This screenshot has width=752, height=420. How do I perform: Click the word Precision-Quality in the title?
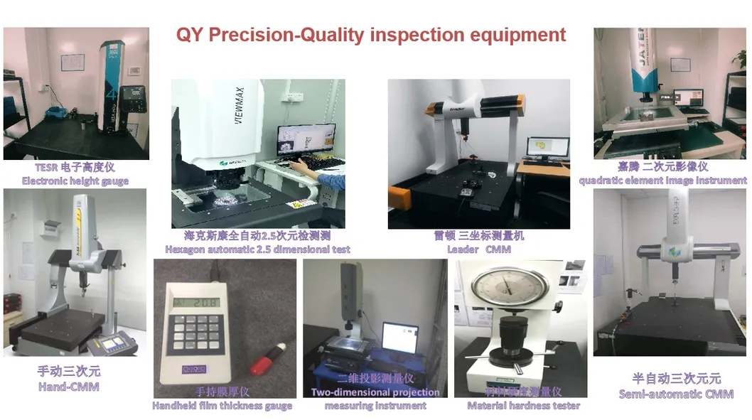(318, 35)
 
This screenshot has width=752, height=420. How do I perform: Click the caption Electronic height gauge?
(75, 181)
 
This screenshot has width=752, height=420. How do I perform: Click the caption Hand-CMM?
(68, 387)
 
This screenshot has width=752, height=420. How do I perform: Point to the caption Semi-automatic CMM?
(676, 394)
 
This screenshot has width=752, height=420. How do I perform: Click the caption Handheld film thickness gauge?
(222, 406)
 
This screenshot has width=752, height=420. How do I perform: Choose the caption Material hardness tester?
(523, 406)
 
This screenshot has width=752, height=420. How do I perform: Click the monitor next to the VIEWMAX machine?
(306, 143)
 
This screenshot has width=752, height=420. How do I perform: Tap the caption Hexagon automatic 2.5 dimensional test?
(257, 249)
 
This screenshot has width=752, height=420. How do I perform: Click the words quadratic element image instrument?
(662, 181)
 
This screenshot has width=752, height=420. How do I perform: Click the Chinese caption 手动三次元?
(68, 371)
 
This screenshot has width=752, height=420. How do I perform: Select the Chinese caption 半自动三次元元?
(676, 379)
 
